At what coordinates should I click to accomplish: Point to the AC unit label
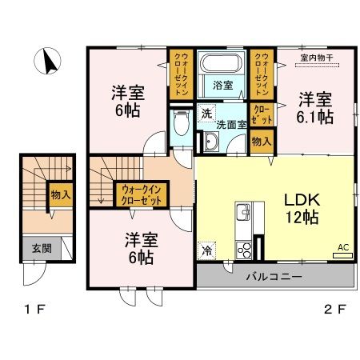click(342, 248)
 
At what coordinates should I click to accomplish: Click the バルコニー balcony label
click(274, 278)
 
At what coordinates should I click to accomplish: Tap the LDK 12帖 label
click(298, 206)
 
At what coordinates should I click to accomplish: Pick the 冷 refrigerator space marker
click(207, 249)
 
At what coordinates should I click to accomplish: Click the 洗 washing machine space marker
click(207, 113)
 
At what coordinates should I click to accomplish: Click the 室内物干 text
click(317, 57)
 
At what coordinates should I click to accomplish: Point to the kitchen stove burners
click(245, 249)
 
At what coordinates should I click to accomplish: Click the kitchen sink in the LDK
click(242, 214)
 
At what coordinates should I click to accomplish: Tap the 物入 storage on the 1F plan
click(60, 193)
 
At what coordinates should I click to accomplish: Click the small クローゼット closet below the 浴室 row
click(262, 113)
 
